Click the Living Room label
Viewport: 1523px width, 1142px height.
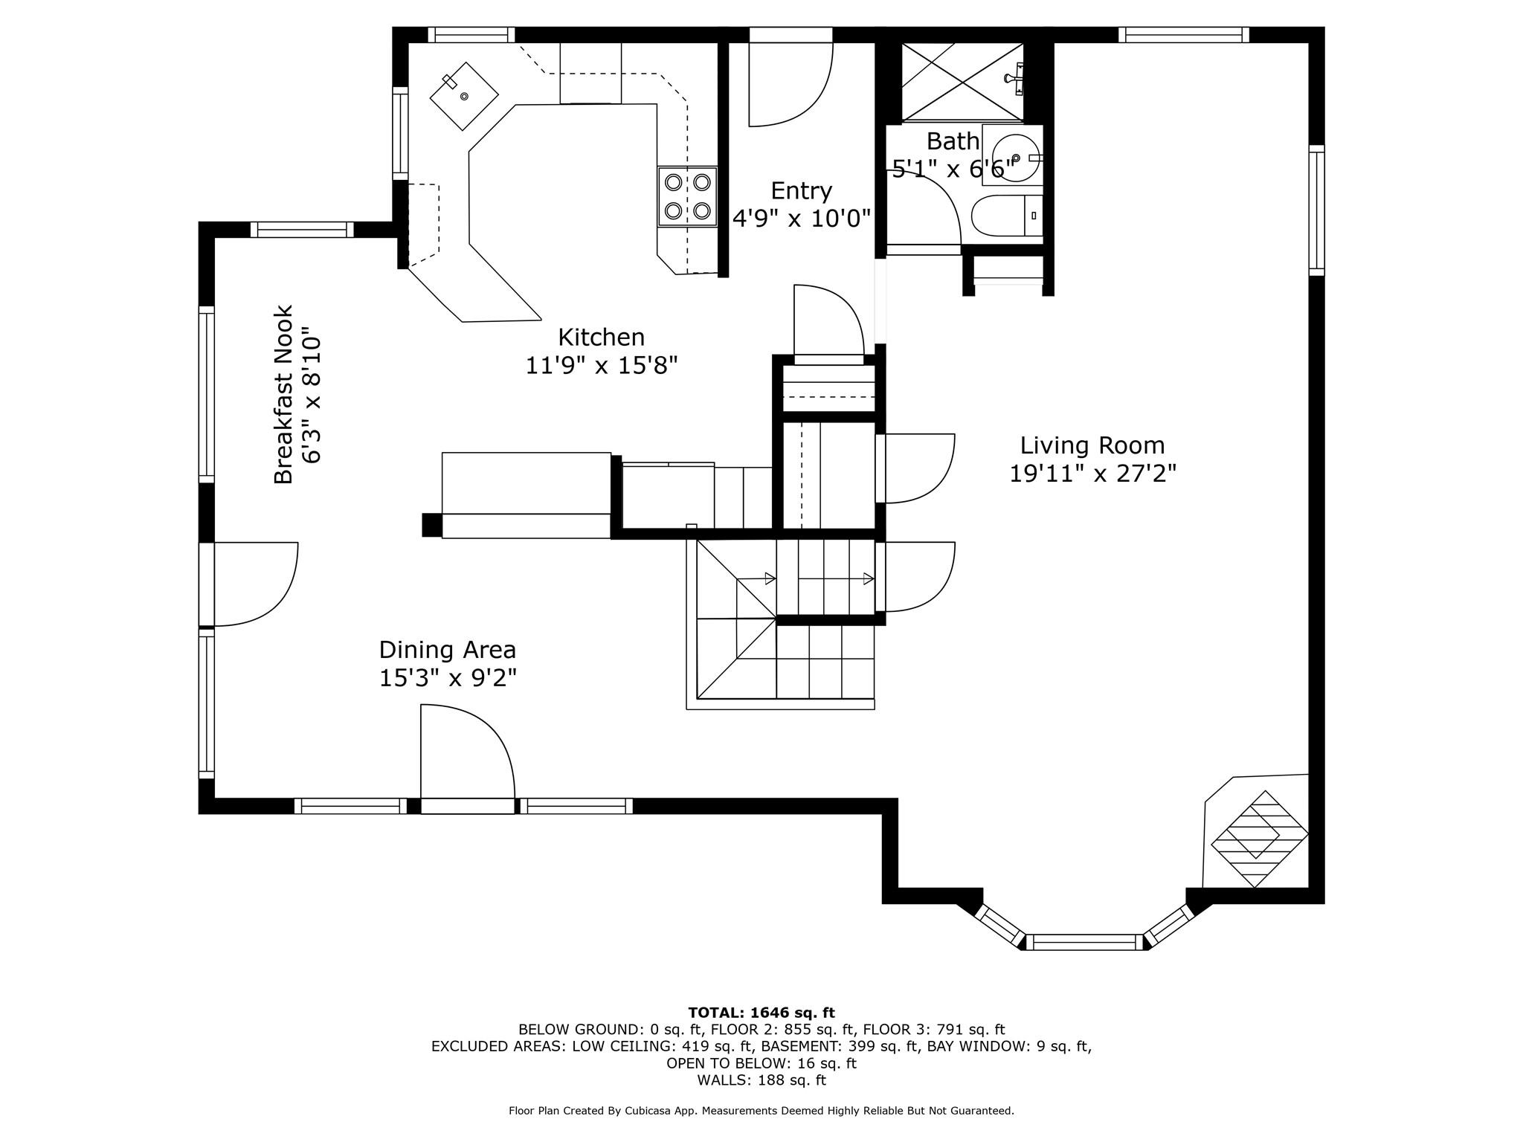(1092, 445)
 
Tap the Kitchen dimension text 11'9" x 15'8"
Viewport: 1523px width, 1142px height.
(601, 366)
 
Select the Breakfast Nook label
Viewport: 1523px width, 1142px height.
(284, 395)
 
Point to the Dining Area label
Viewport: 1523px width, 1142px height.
(447, 650)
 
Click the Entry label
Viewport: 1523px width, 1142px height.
(801, 191)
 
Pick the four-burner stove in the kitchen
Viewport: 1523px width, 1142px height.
(687, 196)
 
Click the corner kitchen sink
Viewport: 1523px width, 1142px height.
(464, 96)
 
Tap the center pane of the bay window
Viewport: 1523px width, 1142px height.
(1086, 943)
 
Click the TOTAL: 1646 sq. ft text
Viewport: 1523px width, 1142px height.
(761, 1013)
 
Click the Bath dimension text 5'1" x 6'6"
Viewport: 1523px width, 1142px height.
(953, 170)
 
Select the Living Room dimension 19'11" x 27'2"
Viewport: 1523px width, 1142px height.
(1092, 474)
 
